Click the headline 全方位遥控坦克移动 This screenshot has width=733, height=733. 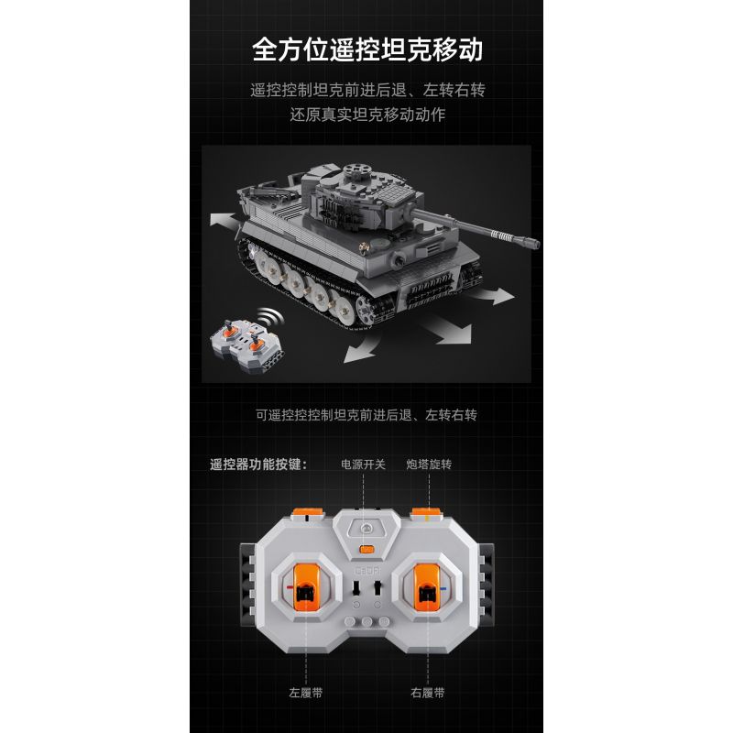366,49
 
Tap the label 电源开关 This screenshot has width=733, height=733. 364,465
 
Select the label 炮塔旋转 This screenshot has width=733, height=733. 430,465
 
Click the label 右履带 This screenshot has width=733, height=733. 427,694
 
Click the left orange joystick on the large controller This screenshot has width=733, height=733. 305,588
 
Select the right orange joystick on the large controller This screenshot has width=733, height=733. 426,588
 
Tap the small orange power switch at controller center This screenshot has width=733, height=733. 366,551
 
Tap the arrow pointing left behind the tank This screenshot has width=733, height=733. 224,220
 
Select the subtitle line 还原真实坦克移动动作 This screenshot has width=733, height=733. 366,116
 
